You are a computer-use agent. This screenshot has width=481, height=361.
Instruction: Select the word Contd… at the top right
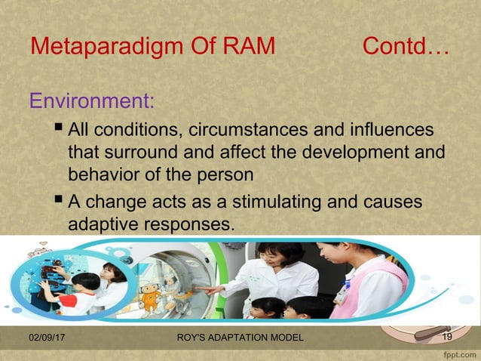click(x=405, y=47)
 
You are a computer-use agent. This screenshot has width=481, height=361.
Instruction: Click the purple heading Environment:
click(x=91, y=100)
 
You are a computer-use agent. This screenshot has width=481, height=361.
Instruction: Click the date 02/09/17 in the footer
click(x=46, y=337)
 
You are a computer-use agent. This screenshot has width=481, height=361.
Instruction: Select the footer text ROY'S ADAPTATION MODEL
click(x=238, y=337)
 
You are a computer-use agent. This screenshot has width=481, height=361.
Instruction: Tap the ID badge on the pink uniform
click(x=342, y=295)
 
